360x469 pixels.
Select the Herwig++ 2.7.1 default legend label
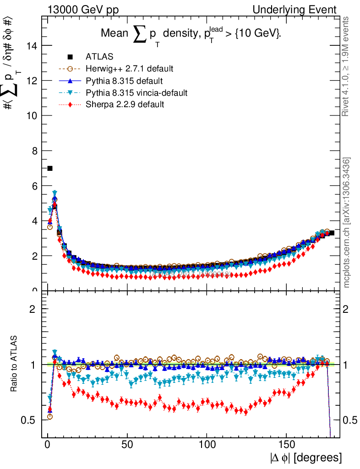pyautogui.click(x=129, y=69)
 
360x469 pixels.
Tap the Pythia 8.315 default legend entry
pyautogui.click(x=124, y=81)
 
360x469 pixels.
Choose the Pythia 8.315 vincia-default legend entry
pyautogui.click(x=136, y=93)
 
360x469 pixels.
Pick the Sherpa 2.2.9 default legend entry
pyautogui.click(x=125, y=105)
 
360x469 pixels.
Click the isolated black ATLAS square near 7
pyautogui.click(x=50, y=169)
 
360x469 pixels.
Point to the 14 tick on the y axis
pyautogui.click(x=32, y=45)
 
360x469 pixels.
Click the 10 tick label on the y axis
pyautogui.click(x=32, y=115)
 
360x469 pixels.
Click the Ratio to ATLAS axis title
pyautogui.click(x=14, y=364)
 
